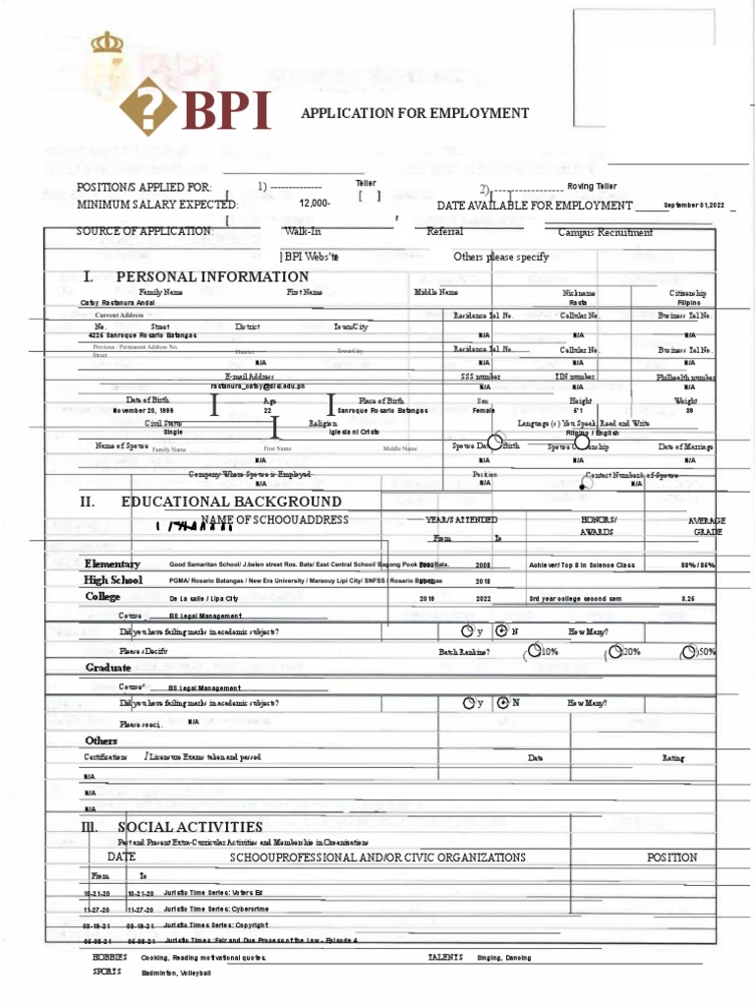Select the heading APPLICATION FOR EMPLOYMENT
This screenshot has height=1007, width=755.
[415, 113]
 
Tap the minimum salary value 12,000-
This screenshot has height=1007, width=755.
[315, 205]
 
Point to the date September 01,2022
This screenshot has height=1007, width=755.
[693, 205]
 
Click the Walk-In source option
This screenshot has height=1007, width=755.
[303, 232]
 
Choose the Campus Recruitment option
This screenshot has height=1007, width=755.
[605, 232]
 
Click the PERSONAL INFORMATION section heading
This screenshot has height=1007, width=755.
[212, 277]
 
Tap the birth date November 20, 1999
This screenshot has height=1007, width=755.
[143, 410]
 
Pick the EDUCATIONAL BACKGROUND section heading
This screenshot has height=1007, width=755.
[231, 502]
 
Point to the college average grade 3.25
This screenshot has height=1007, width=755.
[688, 597]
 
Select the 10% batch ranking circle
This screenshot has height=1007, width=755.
[534, 650]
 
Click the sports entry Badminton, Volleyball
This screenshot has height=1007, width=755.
[176, 973]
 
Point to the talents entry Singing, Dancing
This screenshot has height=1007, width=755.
[503, 957]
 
